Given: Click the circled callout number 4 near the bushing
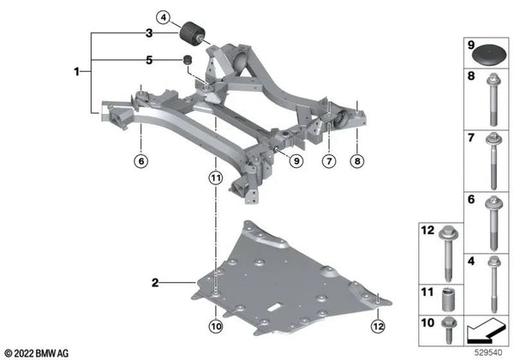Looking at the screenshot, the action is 164,18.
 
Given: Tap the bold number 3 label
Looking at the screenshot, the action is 149,33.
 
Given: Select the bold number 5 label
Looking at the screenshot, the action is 149,60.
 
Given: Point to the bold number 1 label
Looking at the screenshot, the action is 77,71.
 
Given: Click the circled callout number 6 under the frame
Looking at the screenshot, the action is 141,161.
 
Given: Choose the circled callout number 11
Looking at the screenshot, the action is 215,178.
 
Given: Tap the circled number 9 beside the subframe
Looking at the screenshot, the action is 296,161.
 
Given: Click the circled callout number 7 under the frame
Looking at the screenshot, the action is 329,161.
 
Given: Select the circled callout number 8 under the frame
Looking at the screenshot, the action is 357,161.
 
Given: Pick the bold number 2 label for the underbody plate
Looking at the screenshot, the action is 155,282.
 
